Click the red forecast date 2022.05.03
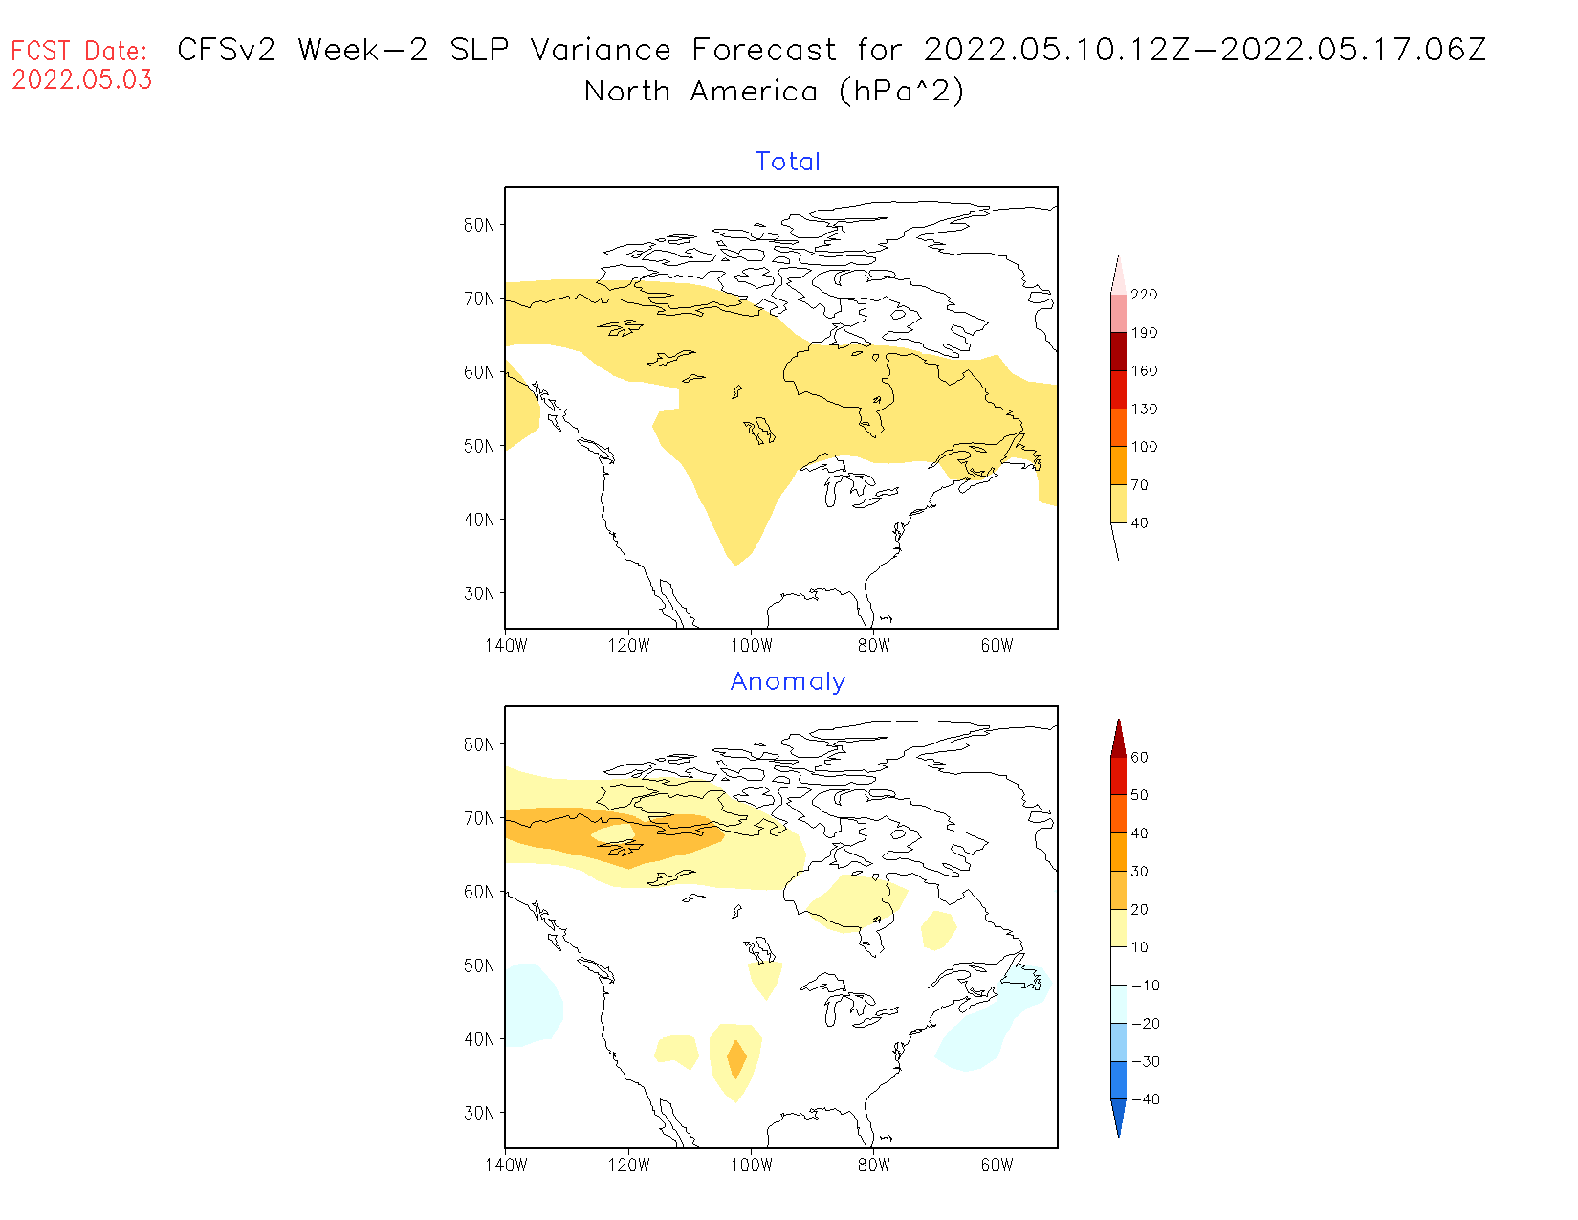(x=82, y=80)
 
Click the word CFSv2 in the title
(x=227, y=50)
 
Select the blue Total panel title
(x=788, y=162)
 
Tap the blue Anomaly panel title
(x=788, y=681)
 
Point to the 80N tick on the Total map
(x=479, y=225)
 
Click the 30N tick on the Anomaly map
(x=479, y=1113)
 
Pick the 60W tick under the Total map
(x=997, y=646)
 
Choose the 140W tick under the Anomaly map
(x=506, y=1165)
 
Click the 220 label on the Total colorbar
(x=1144, y=295)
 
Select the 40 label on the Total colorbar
(x=1139, y=523)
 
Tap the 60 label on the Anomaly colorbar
(x=1139, y=757)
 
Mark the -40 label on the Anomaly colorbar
(x=1145, y=1099)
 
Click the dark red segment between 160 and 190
(x=1118, y=351)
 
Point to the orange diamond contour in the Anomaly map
(x=735, y=1058)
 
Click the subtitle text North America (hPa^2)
(x=775, y=92)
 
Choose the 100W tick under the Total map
(x=752, y=646)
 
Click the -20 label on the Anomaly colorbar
(x=1145, y=1024)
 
